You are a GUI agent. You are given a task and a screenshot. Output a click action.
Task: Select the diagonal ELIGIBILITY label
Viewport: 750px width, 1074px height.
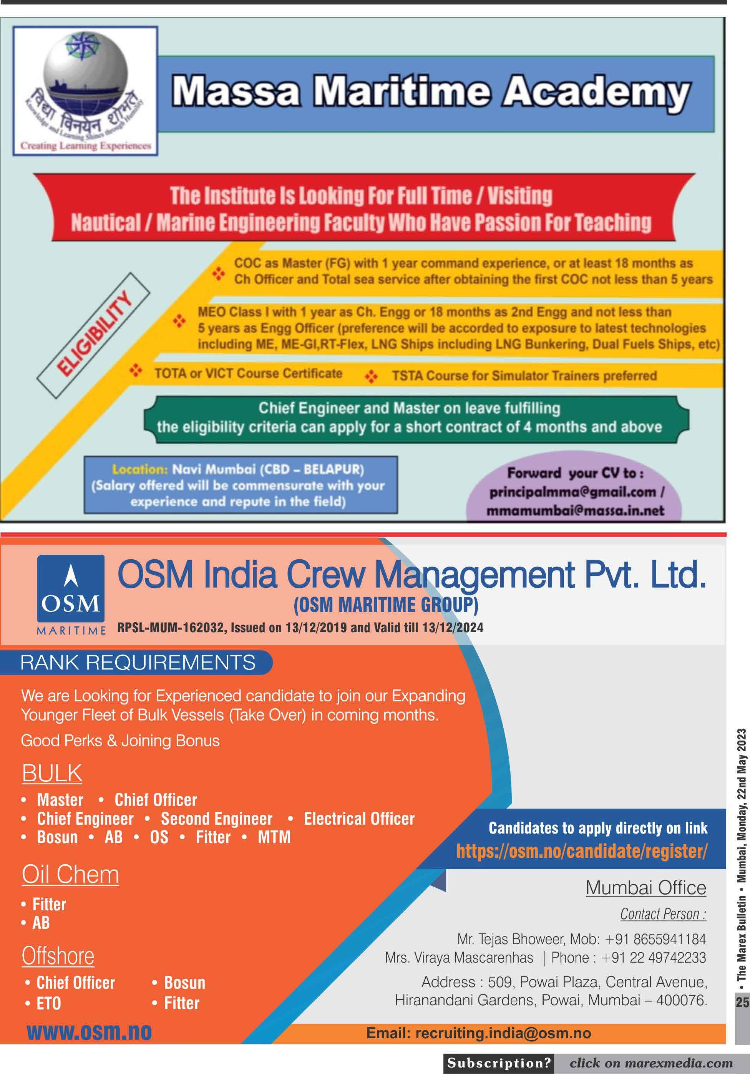pos(94,335)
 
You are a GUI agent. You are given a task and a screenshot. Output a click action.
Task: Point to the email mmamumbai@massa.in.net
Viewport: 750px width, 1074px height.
pos(575,510)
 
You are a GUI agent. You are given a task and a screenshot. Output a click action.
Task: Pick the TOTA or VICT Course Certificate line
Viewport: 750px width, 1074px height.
pos(248,373)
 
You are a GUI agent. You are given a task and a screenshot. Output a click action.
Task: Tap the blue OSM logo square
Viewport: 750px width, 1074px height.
pos(71,588)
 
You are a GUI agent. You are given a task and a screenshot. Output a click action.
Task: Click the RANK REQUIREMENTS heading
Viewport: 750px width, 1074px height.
pos(138,662)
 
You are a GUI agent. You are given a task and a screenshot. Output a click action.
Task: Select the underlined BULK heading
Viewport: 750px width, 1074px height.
pos(52,773)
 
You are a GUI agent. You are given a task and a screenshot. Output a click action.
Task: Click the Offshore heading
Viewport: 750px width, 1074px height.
pos(58,955)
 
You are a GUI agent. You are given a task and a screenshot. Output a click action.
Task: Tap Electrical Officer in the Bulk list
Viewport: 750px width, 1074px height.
pos(359,819)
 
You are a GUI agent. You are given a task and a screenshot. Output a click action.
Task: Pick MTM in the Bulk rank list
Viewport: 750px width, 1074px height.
pos(274,837)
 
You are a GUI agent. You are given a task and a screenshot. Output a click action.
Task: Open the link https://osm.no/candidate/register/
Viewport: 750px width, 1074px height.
pos(582,851)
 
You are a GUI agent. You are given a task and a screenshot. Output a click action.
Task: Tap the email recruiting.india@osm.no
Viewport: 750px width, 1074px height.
pos(503,1033)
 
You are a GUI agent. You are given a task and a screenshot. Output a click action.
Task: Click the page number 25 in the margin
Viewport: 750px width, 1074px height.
pos(742,1003)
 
